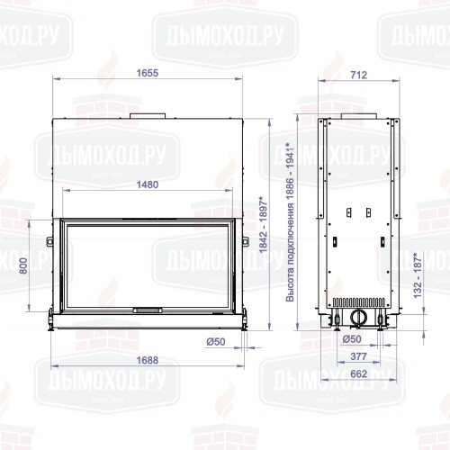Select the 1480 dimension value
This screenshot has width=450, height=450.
148,184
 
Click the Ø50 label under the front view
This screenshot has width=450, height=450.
214,341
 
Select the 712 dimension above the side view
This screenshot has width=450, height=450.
358,76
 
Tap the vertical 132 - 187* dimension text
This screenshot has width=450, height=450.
417,274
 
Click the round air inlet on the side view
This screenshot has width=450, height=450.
358,317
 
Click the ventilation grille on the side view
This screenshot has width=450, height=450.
358,302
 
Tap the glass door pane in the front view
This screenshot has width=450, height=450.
148,265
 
